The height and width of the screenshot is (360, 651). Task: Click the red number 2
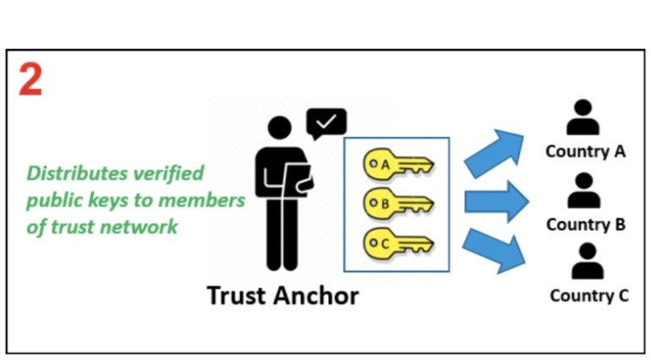[x=30, y=80]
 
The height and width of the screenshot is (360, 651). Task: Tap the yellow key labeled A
[x=398, y=165]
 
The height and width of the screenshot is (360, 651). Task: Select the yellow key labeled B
[x=398, y=204]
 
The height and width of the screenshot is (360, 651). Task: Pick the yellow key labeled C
[x=398, y=243]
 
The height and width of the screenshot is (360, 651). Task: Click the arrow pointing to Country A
[x=494, y=153]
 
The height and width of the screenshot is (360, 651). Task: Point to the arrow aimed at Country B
[x=496, y=202]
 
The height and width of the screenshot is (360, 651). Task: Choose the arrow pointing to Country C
[x=494, y=250]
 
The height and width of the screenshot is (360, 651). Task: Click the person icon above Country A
[x=583, y=117]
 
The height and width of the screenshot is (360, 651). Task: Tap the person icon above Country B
[x=583, y=191]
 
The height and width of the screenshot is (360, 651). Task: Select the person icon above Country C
[x=587, y=261]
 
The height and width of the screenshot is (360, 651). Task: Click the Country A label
[x=585, y=151]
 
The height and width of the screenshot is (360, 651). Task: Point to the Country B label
[x=586, y=225]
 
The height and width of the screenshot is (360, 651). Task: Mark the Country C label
[x=589, y=296]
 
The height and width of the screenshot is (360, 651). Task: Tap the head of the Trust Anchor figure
[x=280, y=128]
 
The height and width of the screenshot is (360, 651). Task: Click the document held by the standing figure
[x=298, y=179]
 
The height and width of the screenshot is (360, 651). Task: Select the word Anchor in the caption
[x=316, y=296]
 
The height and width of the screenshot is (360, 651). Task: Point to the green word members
[x=202, y=200]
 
